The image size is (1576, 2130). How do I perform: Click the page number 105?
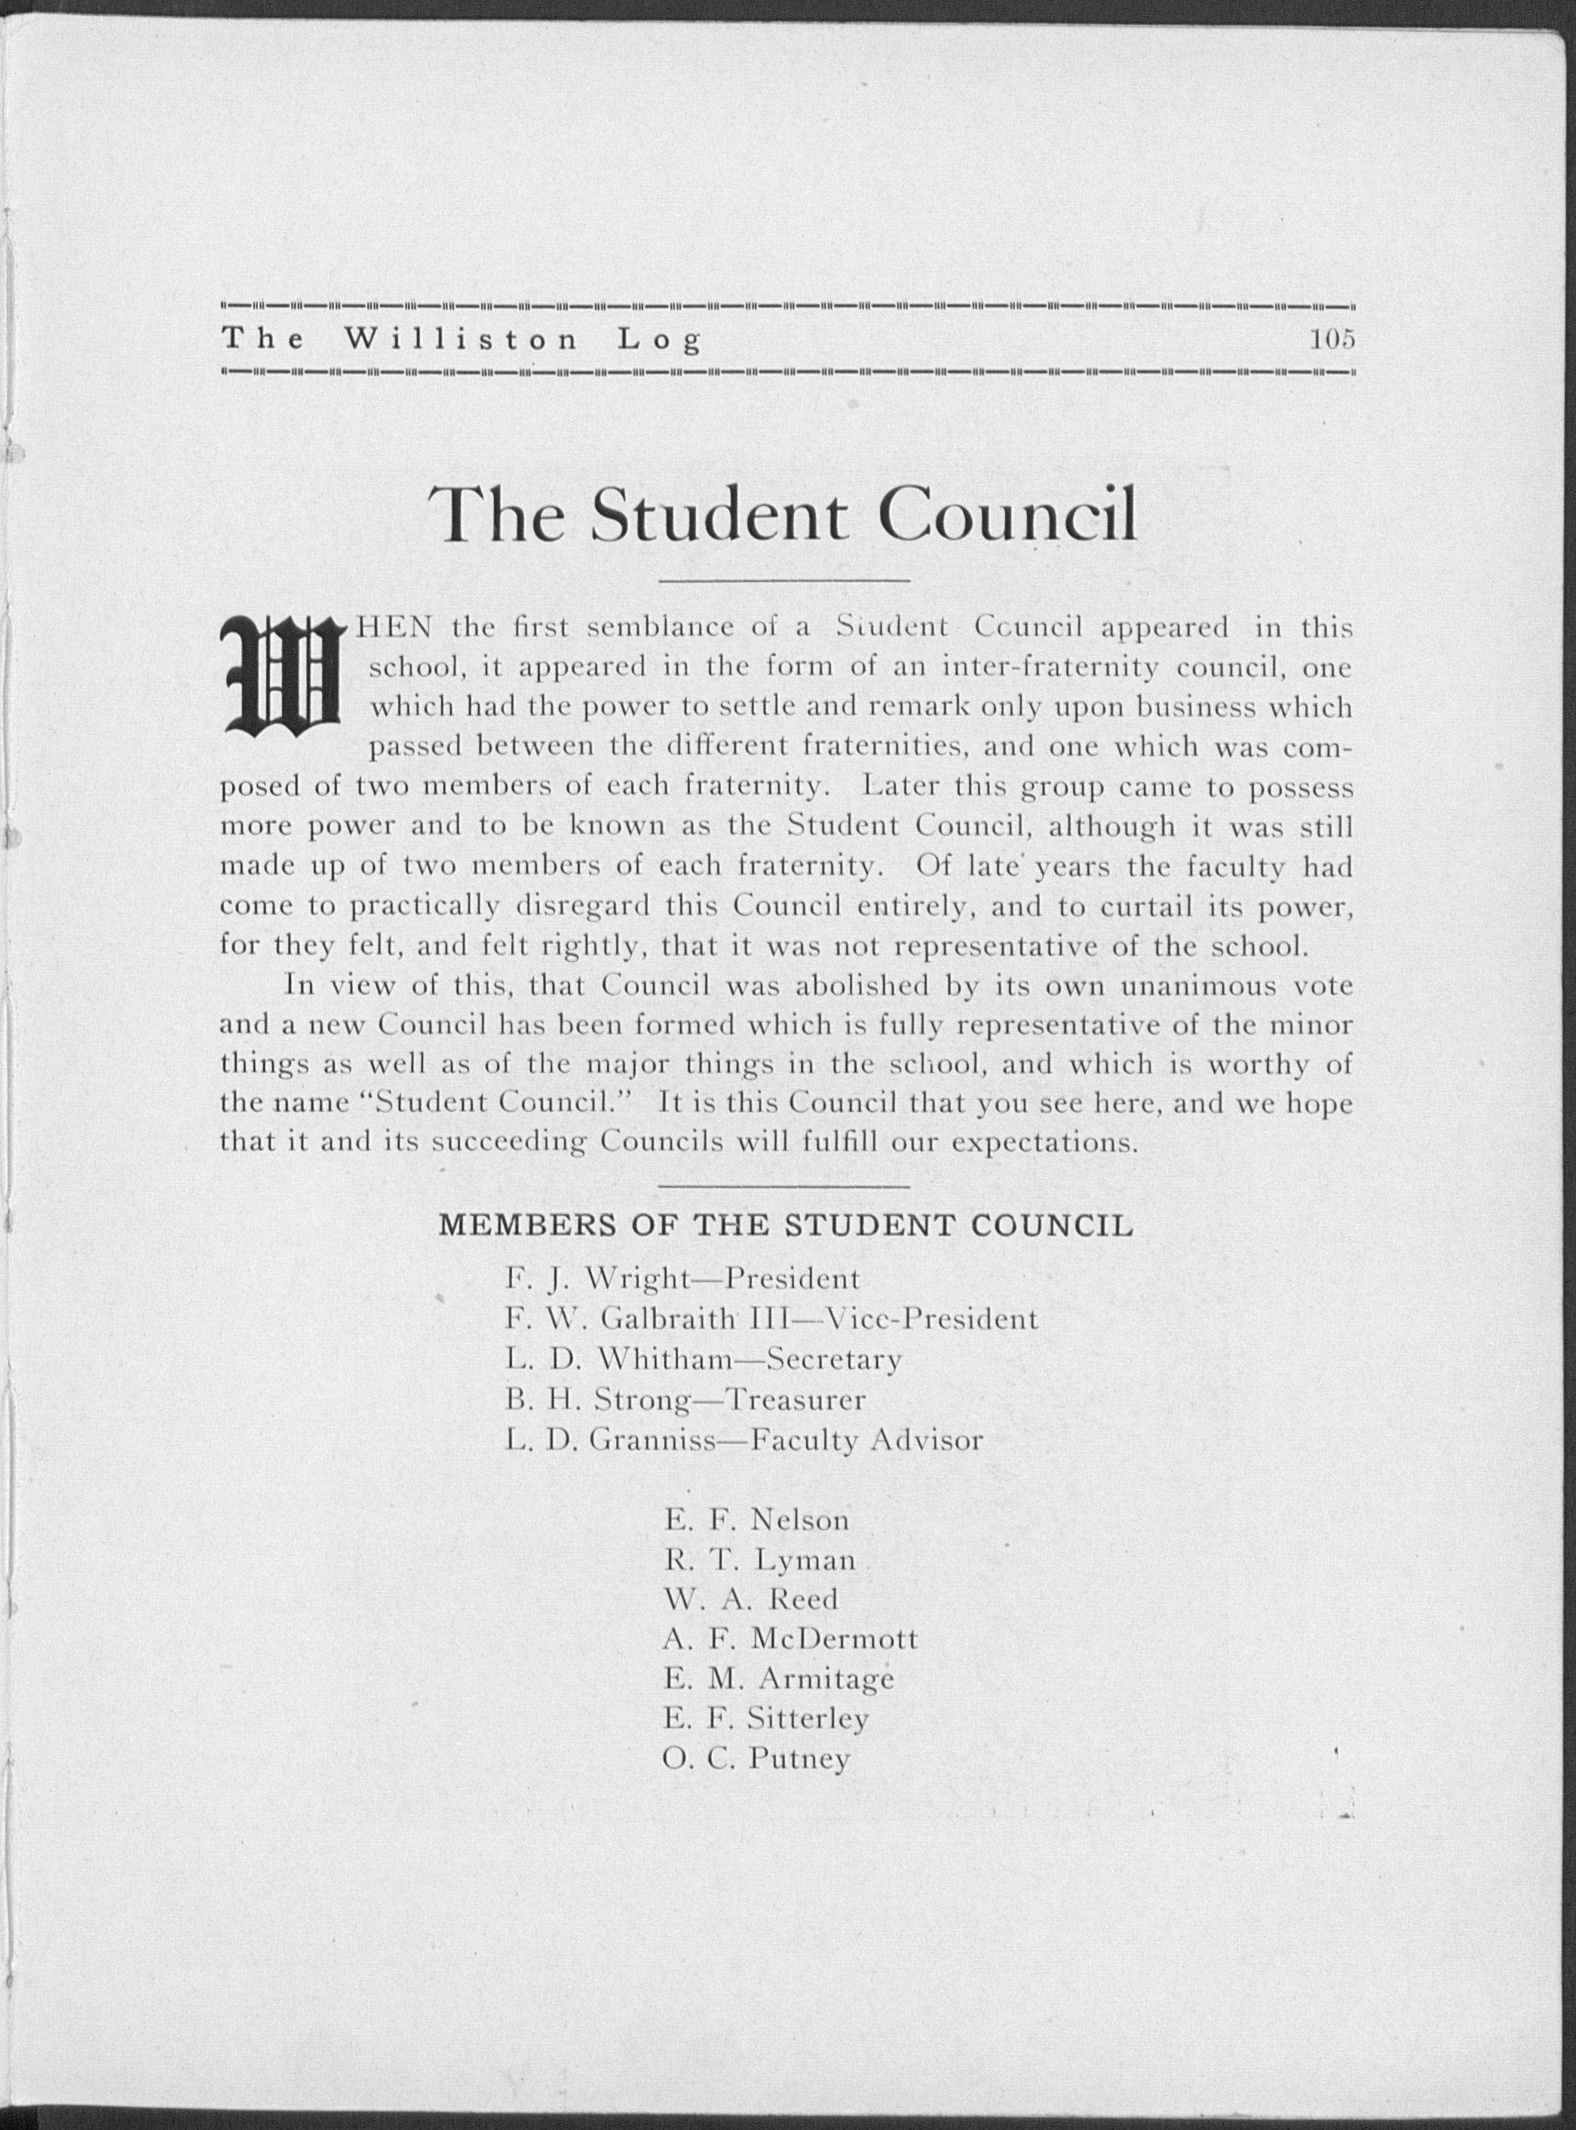tap(1332, 339)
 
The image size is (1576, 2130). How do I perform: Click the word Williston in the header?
tap(461, 339)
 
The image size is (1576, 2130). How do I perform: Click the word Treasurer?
tap(795, 1399)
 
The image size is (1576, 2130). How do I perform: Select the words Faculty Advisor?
tap(866, 1439)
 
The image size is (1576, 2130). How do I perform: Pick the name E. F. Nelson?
tap(756, 1519)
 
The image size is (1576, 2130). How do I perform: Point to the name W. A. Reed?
tap(750, 1598)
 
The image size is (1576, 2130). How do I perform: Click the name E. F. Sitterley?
tap(766, 1718)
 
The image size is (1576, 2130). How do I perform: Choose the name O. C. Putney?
tap(756, 1758)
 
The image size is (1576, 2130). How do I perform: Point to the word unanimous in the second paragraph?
tap(1195, 985)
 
